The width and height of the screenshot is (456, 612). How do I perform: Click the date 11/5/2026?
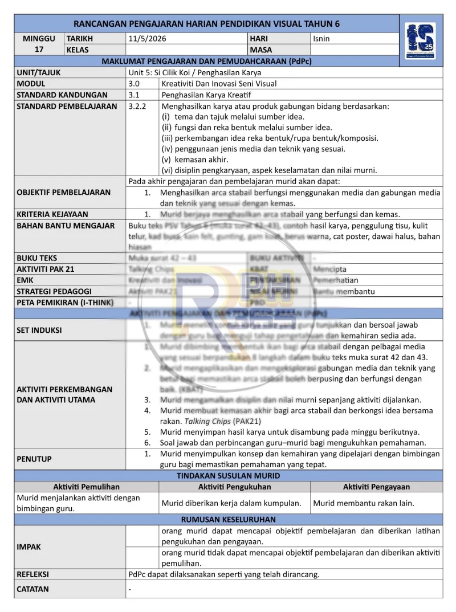tap(148, 39)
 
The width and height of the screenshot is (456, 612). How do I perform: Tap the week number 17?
tap(39, 50)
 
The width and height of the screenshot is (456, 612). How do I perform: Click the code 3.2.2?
tap(138, 106)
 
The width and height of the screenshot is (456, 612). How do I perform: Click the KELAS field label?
tap(80, 50)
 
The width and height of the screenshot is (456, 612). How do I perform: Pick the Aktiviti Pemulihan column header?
tap(86, 487)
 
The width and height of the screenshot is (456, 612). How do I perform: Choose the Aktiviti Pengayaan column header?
tap(376, 487)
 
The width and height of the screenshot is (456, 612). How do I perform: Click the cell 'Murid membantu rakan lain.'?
tap(364, 503)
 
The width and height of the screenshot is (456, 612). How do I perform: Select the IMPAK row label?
tap(28, 547)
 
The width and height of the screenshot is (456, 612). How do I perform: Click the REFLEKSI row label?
tap(33, 574)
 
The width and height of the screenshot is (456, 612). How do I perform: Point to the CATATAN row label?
tap(33, 589)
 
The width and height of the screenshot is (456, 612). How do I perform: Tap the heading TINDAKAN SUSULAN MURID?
tap(228, 476)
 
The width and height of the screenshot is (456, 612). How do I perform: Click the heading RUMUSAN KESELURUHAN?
tap(228, 520)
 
